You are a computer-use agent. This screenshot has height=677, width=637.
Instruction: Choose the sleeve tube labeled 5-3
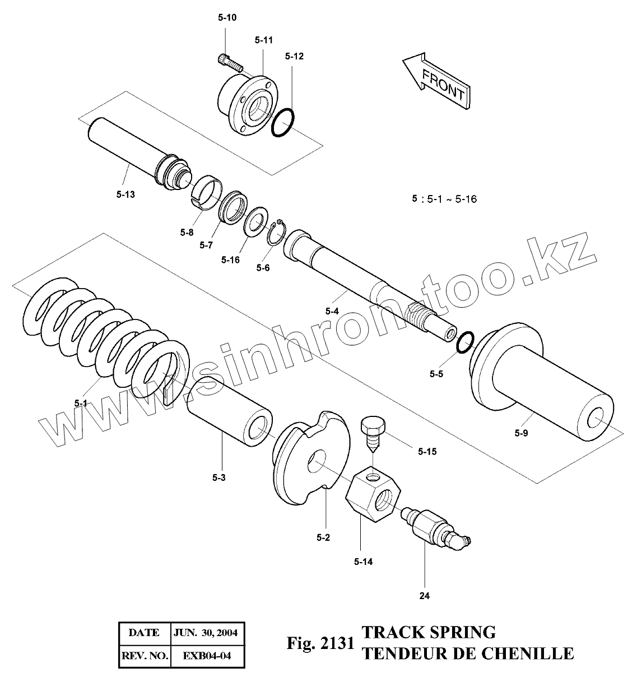230,411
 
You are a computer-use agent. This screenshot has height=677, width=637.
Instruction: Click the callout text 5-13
126,194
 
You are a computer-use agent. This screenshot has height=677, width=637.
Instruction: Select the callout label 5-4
332,310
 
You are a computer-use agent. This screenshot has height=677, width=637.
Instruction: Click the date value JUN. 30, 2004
206,633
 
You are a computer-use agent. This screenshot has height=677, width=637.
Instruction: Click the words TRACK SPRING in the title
429,632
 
